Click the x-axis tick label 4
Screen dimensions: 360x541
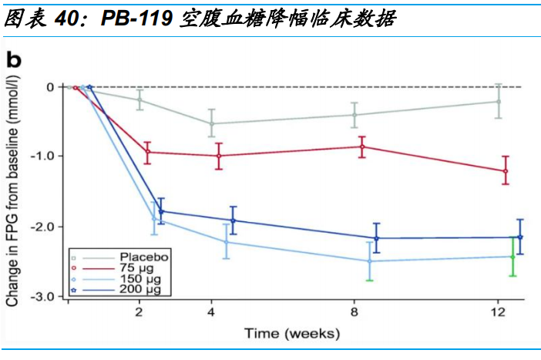pos(210,313)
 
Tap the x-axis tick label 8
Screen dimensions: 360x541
pos(354,313)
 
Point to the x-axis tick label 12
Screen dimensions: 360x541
pos(498,313)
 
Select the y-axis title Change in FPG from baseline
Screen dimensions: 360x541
pos(13,189)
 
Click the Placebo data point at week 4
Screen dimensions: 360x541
pos(212,123)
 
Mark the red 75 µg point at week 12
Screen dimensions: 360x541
pos(506,170)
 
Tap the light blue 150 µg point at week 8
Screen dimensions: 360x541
pos(370,261)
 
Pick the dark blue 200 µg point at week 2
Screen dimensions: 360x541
pos(161,211)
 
